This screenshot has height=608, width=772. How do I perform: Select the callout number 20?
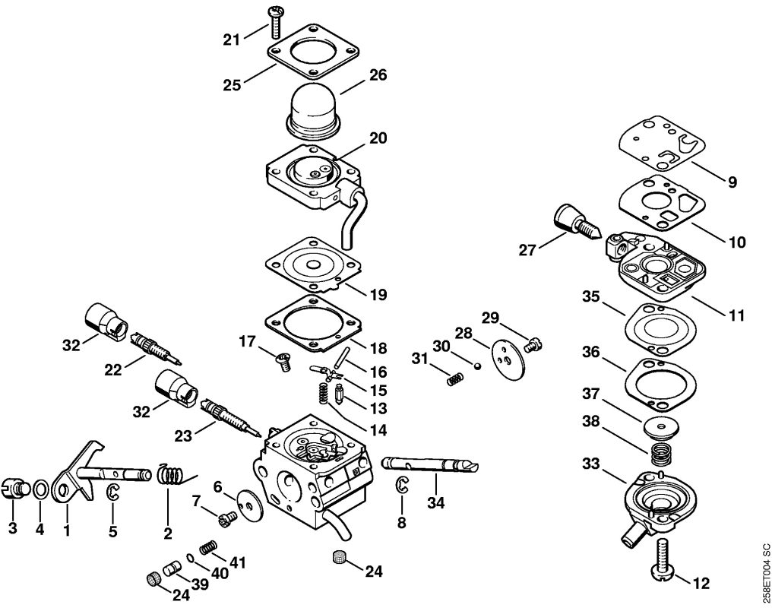click(378, 138)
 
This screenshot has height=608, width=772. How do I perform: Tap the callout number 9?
click(732, 182)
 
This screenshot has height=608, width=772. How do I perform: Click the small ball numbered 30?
click(476, 365)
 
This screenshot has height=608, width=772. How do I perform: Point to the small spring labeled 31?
click(454, 378)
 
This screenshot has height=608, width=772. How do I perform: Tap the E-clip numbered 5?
click(113, 492)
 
